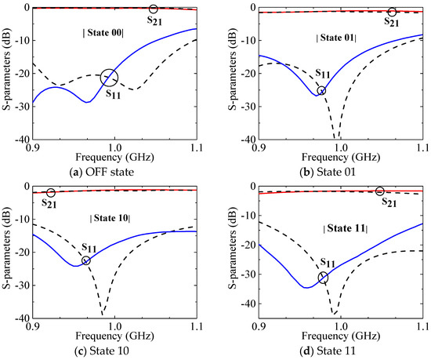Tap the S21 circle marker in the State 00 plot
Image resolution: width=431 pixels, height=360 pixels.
154,9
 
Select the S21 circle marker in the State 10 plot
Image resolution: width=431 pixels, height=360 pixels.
51,193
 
